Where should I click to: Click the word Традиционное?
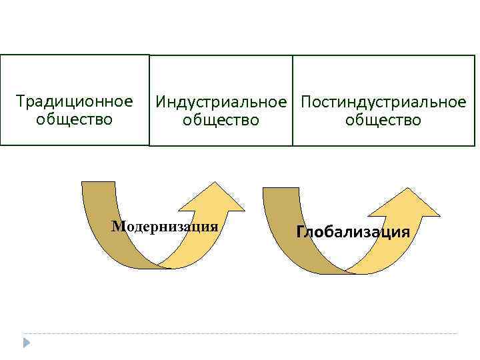tap(75, 102)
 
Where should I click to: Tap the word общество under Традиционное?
tap(75, 120)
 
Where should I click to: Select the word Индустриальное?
tap(221, 103)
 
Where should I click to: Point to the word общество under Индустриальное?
tap(221, 121)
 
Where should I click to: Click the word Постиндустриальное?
tap(383, 103)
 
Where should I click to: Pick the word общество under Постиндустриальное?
tap(383, 121)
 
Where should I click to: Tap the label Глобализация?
tap(353, 232)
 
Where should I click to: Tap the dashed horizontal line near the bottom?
tap(240, 333)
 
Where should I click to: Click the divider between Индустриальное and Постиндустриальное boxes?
tap(293, 100)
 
